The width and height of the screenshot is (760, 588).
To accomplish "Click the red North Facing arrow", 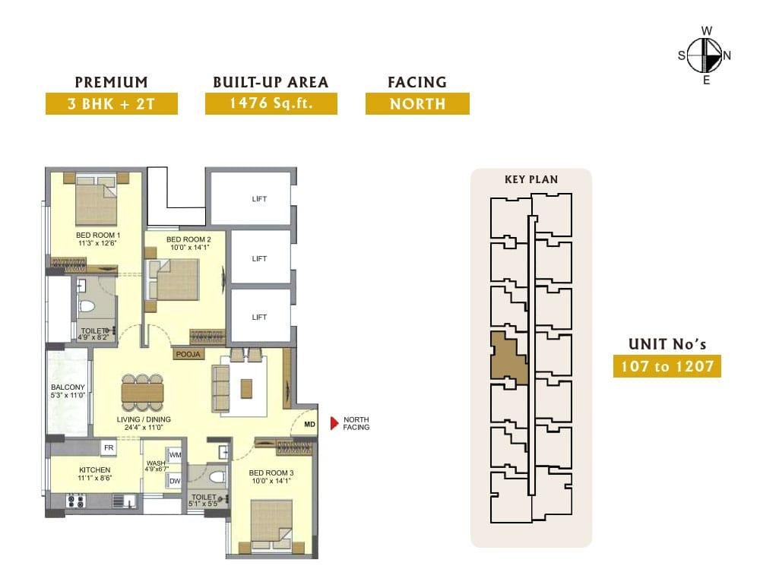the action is pos(334,423).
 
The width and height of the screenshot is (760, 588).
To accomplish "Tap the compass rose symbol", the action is pos(705,55).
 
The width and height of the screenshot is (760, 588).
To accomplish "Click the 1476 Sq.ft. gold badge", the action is pos(271,103).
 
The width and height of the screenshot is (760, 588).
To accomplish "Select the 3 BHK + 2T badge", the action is pos(112,103).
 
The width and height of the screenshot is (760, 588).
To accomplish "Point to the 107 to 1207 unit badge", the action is pos(667,366).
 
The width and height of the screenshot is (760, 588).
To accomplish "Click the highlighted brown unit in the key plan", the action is pos(508,356).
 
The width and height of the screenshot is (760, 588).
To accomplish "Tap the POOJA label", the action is pos(188,354).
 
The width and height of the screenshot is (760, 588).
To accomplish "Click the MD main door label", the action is pos(309,425).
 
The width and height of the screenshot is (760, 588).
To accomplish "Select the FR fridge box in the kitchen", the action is pos(109,448).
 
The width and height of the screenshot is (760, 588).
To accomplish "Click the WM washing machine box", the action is pos(175,455).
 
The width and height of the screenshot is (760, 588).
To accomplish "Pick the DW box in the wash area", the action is pos(175,481).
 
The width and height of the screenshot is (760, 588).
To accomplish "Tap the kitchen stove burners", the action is pos(75,501).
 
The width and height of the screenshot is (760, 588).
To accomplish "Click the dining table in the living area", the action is pos(143,393).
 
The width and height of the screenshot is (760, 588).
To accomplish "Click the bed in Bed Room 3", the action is pos(271,526).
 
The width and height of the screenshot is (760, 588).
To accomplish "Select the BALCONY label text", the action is pos(68,387).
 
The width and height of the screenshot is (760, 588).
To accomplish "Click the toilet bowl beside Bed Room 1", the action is pos(87,307).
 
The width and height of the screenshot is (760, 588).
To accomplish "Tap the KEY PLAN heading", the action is pos(531,179).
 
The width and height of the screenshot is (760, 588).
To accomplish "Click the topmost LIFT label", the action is pos(259,198).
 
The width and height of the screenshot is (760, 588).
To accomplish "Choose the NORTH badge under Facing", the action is pos(417,103).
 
